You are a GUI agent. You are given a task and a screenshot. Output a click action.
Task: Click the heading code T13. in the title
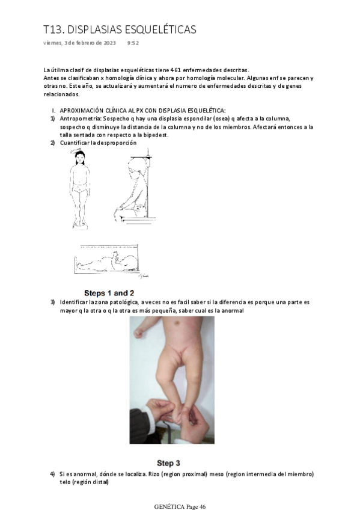tap(54, 29)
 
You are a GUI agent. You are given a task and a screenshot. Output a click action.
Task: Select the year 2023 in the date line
tap(110, 43)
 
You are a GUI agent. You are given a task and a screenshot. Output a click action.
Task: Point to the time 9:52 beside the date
tap(133, 43)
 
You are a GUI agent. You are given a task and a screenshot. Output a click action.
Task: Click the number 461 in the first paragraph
tap(175, 70)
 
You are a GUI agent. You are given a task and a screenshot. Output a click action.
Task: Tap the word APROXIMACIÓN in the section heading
tap(78, 111)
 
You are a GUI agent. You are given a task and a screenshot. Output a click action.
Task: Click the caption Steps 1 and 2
tap(109, 293)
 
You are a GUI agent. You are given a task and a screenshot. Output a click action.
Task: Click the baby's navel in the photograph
tap(177, 324)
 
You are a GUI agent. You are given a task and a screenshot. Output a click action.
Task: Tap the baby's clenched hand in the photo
tap(138, 333)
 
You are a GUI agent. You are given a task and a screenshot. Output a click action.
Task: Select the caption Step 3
tap(168, 463)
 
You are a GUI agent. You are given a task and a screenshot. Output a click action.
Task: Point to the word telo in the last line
tap(64, 482)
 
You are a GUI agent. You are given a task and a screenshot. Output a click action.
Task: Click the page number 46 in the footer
tap(203, 507)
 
